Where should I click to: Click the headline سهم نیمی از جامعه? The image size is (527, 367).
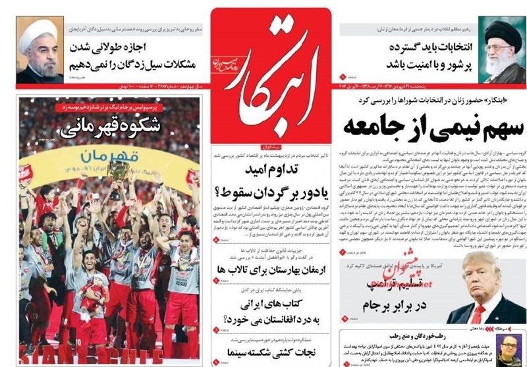(421, 124)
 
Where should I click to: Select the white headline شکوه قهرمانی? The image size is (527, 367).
(109, 127)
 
